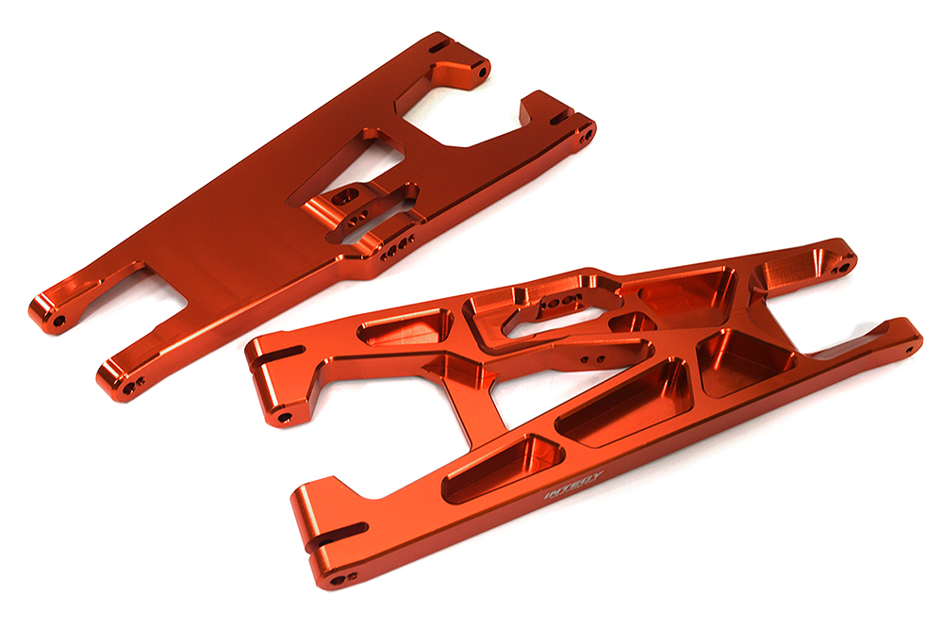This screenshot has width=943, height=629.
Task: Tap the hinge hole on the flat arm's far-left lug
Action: [58, 322]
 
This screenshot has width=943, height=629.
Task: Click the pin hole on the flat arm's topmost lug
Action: [482, 71]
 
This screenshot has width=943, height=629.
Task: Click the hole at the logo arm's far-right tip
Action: [911, 345]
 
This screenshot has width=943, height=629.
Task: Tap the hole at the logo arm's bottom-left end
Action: [350, 576]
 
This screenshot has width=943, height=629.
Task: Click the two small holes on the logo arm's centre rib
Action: [588, 359]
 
